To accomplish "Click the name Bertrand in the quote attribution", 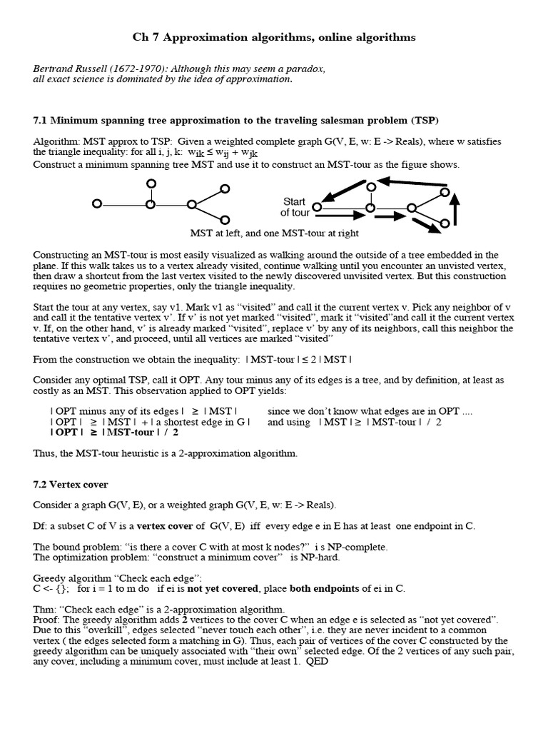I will (x=54, y=69).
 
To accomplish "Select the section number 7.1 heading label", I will (x=41, y=119).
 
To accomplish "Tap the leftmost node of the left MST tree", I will (x=97, y=204).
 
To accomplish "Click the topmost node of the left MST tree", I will (x=150, y=183).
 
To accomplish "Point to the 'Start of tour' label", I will (x=295, y=207).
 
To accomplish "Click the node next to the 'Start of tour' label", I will (x=317, y=207).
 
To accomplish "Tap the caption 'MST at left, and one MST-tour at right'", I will (x=274, y=233).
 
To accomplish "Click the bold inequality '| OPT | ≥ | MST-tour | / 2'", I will (x=114, y=432).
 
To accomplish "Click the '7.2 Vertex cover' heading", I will (x=71, y=484).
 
